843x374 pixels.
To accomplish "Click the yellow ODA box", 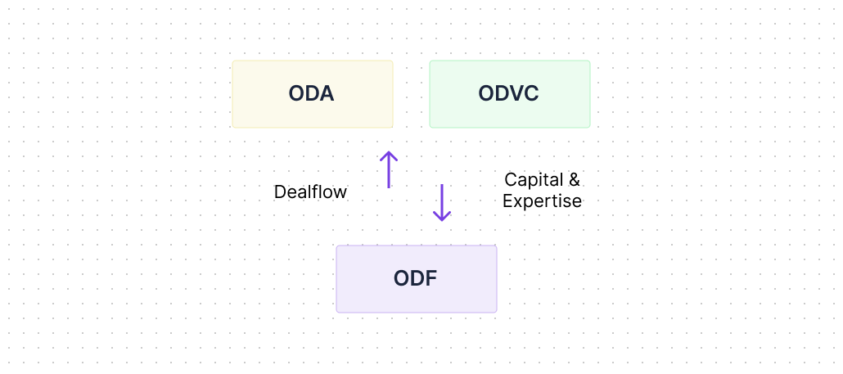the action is click(313, 94).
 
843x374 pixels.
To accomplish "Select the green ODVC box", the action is click(510, 94).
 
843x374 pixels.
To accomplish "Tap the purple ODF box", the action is click(417, 279).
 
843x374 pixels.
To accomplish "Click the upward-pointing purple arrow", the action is click(388, 169).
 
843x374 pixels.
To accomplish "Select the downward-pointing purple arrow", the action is click(442, 203).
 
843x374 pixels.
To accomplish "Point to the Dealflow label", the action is click(310, 192).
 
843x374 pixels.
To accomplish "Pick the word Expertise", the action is click(542, 201).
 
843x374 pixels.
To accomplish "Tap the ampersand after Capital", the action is click(574, 180).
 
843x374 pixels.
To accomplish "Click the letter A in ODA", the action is click(327, 94).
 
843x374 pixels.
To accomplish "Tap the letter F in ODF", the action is click(431, 279).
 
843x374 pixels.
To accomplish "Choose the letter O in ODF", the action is click(402, 279).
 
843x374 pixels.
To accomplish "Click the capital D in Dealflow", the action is click(280, 192).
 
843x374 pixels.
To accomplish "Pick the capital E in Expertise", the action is click(507, 201).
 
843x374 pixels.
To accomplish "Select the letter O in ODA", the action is click(297, 94).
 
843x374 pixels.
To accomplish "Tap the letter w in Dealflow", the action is click(340, 193).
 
